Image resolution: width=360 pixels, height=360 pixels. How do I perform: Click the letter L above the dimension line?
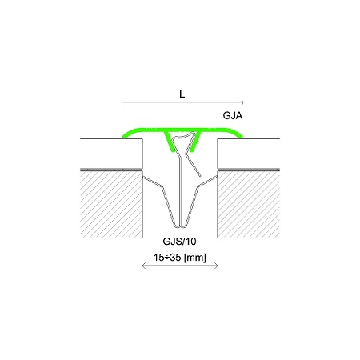pyautogui.click(x=182, y=94)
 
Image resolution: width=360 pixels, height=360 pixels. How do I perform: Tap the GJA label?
pyautogui.click(x=233, y=116)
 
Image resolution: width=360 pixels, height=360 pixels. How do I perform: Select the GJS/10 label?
pyautogui.click(x=179, y=242)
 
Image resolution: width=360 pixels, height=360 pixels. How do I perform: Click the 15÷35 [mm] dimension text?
pyautogui.click(x=180, y=258)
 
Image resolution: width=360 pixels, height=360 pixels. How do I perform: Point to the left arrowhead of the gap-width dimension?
pyautogui.click(x=143, y=266)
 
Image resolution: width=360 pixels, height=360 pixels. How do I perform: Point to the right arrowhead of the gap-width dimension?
pyautogui.click(x=217, y=266)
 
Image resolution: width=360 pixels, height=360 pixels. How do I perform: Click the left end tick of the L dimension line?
pyautogui.click(x=122, y=102)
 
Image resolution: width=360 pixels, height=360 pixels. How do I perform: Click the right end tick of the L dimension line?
pyautogui.click(x=242, y=102)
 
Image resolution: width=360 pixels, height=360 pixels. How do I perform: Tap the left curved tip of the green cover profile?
pyautogui.click(x=123, y=136)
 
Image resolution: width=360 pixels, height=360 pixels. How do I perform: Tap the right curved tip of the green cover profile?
pyautogui.click(x=241, y=136)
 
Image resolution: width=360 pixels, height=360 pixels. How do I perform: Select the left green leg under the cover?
pyautogui.click(x=169, y=142)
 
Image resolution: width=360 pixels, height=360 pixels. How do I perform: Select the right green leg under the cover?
pyautogui.click(x=196, y=142)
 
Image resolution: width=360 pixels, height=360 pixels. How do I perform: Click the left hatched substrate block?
pyautogui.click(x=111, y=204)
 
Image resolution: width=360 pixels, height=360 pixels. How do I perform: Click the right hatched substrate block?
pyautogui.click(x=249, y=204)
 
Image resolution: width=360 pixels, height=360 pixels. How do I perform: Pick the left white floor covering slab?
pyautogui.click(x=111, y=154)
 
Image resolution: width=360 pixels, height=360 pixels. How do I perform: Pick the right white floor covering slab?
pyautogui.click(x=249, y=154)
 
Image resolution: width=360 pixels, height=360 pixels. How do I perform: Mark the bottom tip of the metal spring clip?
pyautogui.click(x=181, y=227)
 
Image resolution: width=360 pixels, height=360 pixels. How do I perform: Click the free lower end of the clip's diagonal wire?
pyautogui.click(x=199, y=176)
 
